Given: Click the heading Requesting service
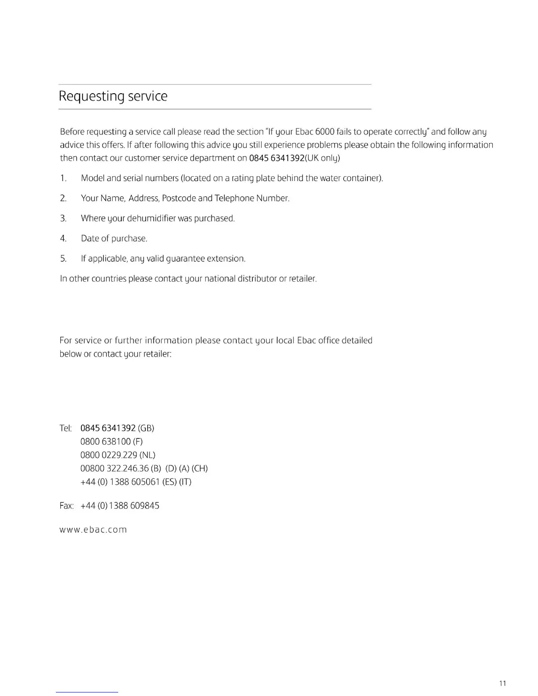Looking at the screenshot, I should [x=113, y=96].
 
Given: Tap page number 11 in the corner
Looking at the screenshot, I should [x=503, y=683].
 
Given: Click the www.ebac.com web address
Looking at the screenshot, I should [x=93, y=530].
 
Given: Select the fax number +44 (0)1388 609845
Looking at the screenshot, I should [x=120, y=506].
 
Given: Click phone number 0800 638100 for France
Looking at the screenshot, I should [x=105, y=442].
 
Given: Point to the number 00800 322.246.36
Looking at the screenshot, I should [x=114, y=468].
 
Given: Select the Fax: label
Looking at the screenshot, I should [x=66, y=506].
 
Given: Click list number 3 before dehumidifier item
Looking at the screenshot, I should [x=63, y=218].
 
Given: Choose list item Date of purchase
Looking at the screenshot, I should [x=114, y=239].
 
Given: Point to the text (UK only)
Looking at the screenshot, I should [x=323, y=158].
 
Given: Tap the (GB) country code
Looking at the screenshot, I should [x=146, y=428].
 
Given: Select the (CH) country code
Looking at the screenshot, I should [x=200, y=468].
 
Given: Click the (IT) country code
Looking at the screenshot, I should [x=185, y=482].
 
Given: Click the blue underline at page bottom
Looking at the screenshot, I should [x=87, y=692].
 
